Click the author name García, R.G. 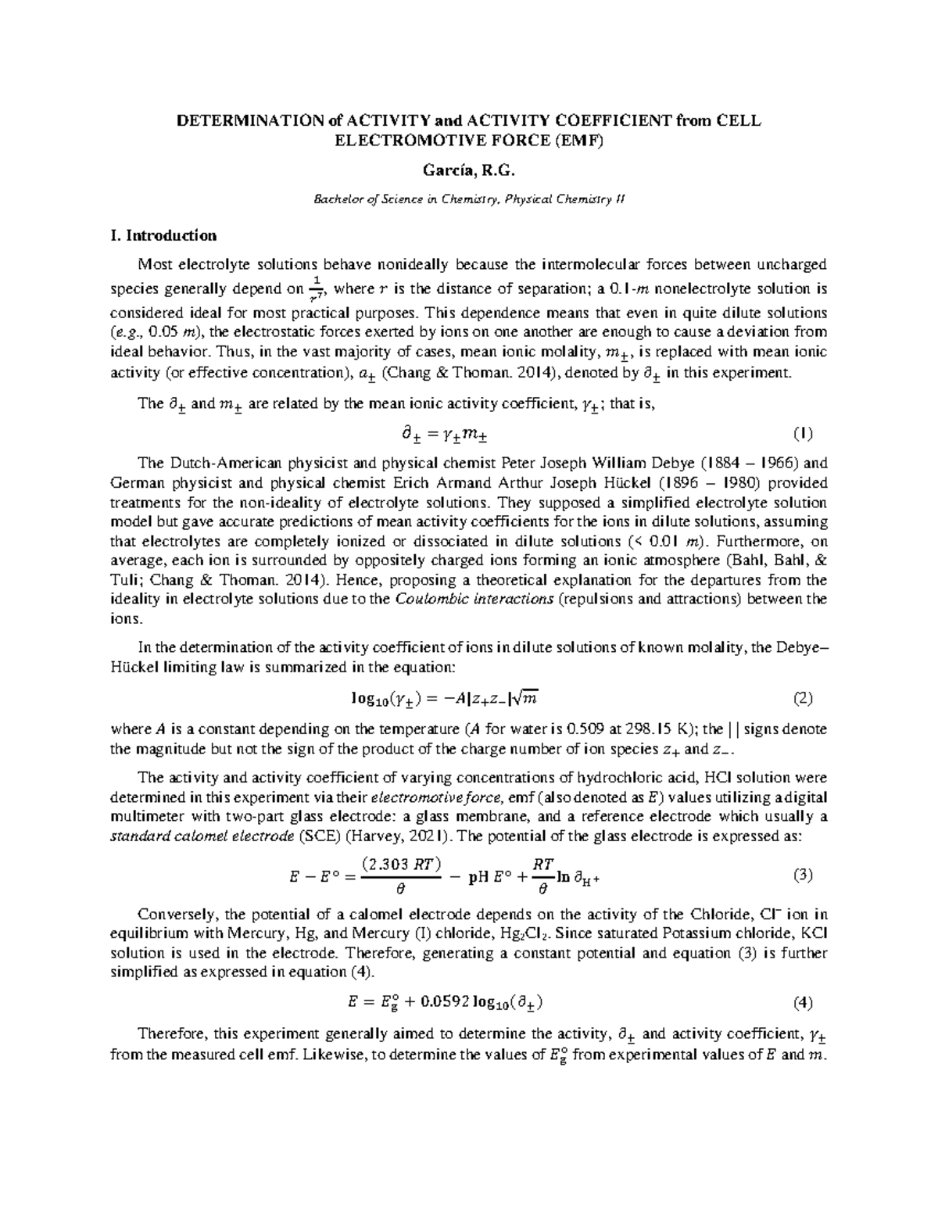pos(469,170)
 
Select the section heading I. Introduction pos(164,235)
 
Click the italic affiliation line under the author pos(469,199)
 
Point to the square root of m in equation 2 pos(527,697)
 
